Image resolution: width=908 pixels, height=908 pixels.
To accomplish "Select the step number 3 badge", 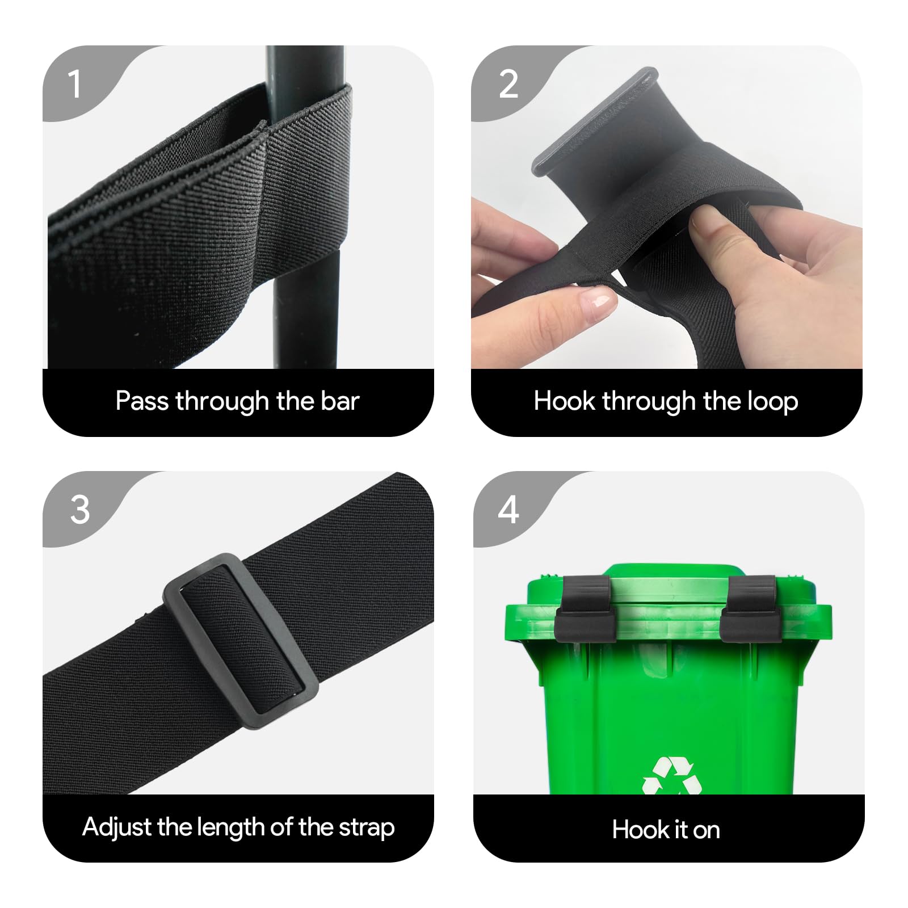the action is [80, 509].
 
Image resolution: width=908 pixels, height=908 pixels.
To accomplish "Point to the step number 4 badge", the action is [508, 509].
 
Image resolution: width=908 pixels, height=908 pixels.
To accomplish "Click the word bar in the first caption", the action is [340, 401].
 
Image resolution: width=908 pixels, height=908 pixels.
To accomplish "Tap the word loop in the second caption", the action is [772, 401].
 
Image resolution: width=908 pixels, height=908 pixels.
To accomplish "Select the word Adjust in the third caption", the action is [116, 827].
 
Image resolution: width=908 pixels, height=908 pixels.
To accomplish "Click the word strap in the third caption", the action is [367, 829].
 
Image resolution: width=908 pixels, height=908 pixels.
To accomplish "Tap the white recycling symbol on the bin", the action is [672, 776].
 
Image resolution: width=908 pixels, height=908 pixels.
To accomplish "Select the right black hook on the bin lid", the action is [749, 608].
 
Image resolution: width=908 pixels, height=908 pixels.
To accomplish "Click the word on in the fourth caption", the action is [706, 831].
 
